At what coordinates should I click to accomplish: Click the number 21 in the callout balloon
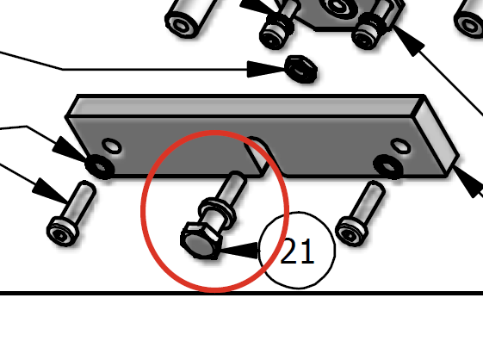coord(298,251)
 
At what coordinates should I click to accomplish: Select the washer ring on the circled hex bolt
coord(218,212)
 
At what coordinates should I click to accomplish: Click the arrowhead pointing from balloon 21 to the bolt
coord(239,250)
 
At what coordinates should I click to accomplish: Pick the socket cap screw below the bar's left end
coord(71,214)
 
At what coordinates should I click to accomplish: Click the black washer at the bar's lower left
coord(100,167)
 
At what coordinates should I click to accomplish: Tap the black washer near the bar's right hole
coord(388,166)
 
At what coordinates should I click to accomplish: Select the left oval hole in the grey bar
coord(112,146)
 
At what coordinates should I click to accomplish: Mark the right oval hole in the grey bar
coord(400,146)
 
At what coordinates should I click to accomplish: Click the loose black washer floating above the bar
coord(301,69)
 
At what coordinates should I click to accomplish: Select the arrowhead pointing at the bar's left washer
coord(71,150)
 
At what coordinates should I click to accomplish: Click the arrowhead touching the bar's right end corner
coord(468,183)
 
